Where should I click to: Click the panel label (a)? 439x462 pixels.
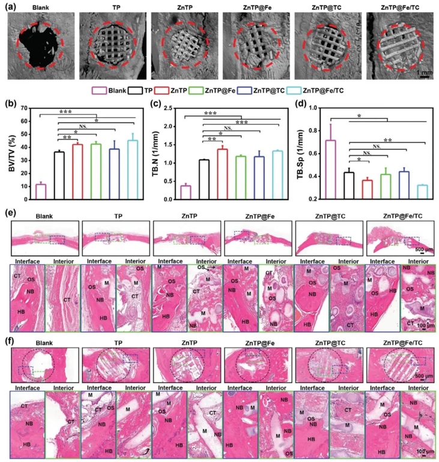coord(10,5)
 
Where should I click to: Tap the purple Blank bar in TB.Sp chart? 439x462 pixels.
coord(330,169)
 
